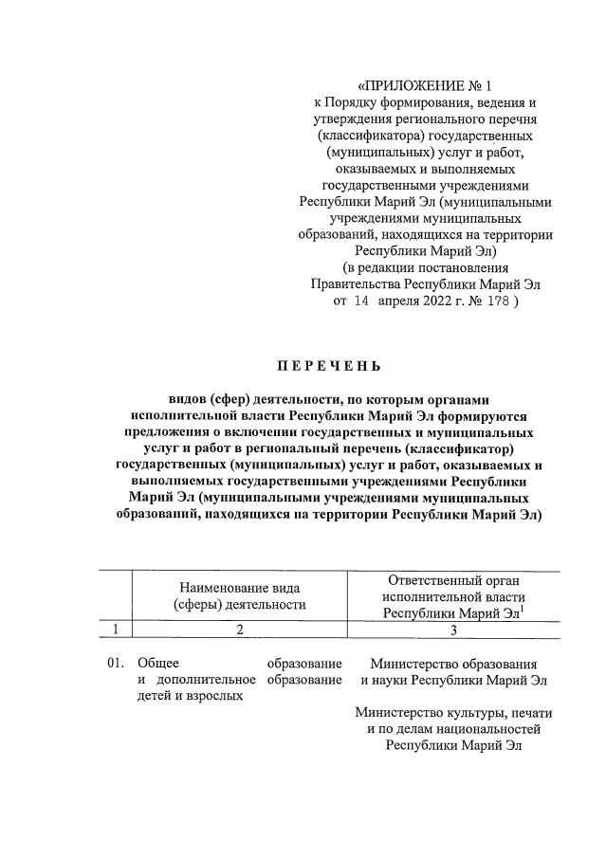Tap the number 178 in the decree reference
494,301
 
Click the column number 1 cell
115,629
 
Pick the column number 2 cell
240,629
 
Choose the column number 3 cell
453,629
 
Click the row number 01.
115,663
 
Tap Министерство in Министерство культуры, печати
396,712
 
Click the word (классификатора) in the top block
368,137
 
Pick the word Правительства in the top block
355,283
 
